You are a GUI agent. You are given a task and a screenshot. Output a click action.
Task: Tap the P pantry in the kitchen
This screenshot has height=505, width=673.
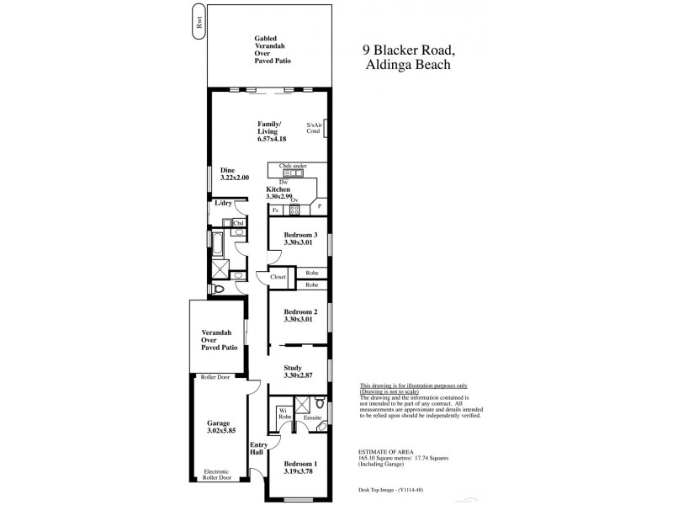pyautogui.click(x=320, y=206)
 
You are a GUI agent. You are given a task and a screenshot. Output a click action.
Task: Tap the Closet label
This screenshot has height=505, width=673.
pyautogui.click(x=278, y=277)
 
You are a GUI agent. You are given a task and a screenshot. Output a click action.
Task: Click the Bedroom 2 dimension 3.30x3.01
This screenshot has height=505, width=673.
pyautogui.click(x=299, y=320)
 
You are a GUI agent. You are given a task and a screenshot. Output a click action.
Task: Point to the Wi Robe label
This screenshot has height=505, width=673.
pyautogui.click(x=285, y=413)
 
